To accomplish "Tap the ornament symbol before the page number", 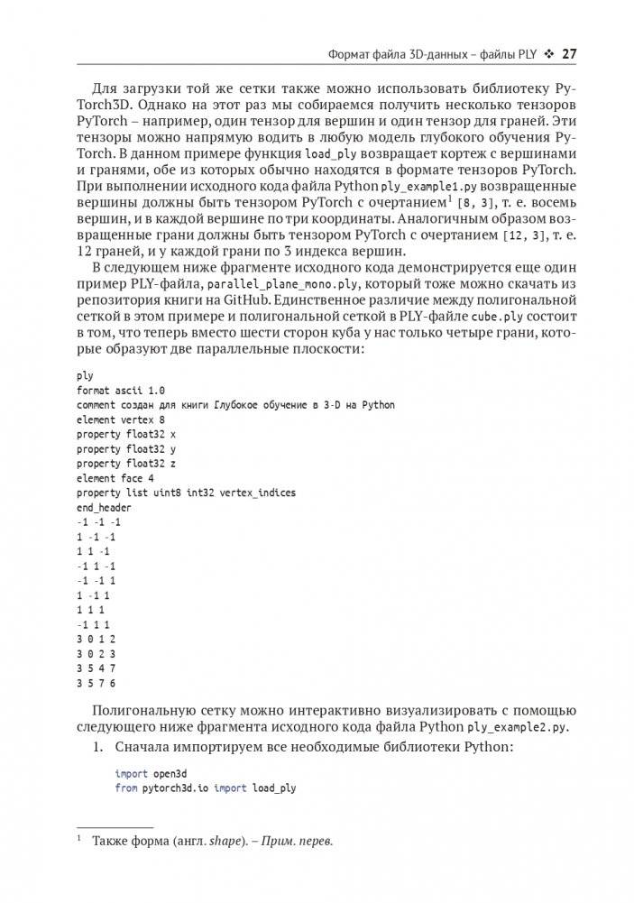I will coord(547,54).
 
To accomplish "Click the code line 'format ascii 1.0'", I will coord(121,390).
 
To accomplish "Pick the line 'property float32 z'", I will coord(126,464).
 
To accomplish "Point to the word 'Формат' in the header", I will coord(347,54).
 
